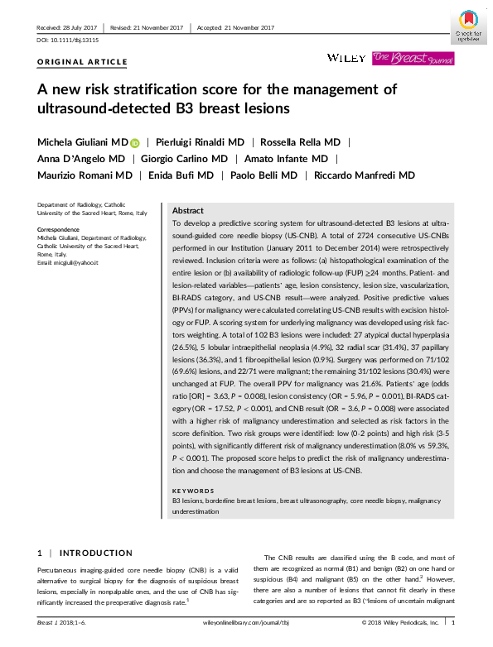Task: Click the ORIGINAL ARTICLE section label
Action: [x=83, y=62]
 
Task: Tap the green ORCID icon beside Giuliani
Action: [x=136, y=142]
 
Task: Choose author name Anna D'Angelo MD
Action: [x=80, y=159]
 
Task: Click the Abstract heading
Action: [x=188, y=211]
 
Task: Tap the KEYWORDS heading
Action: [x=193, y=491]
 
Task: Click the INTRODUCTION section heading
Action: [x=95, y=553]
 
